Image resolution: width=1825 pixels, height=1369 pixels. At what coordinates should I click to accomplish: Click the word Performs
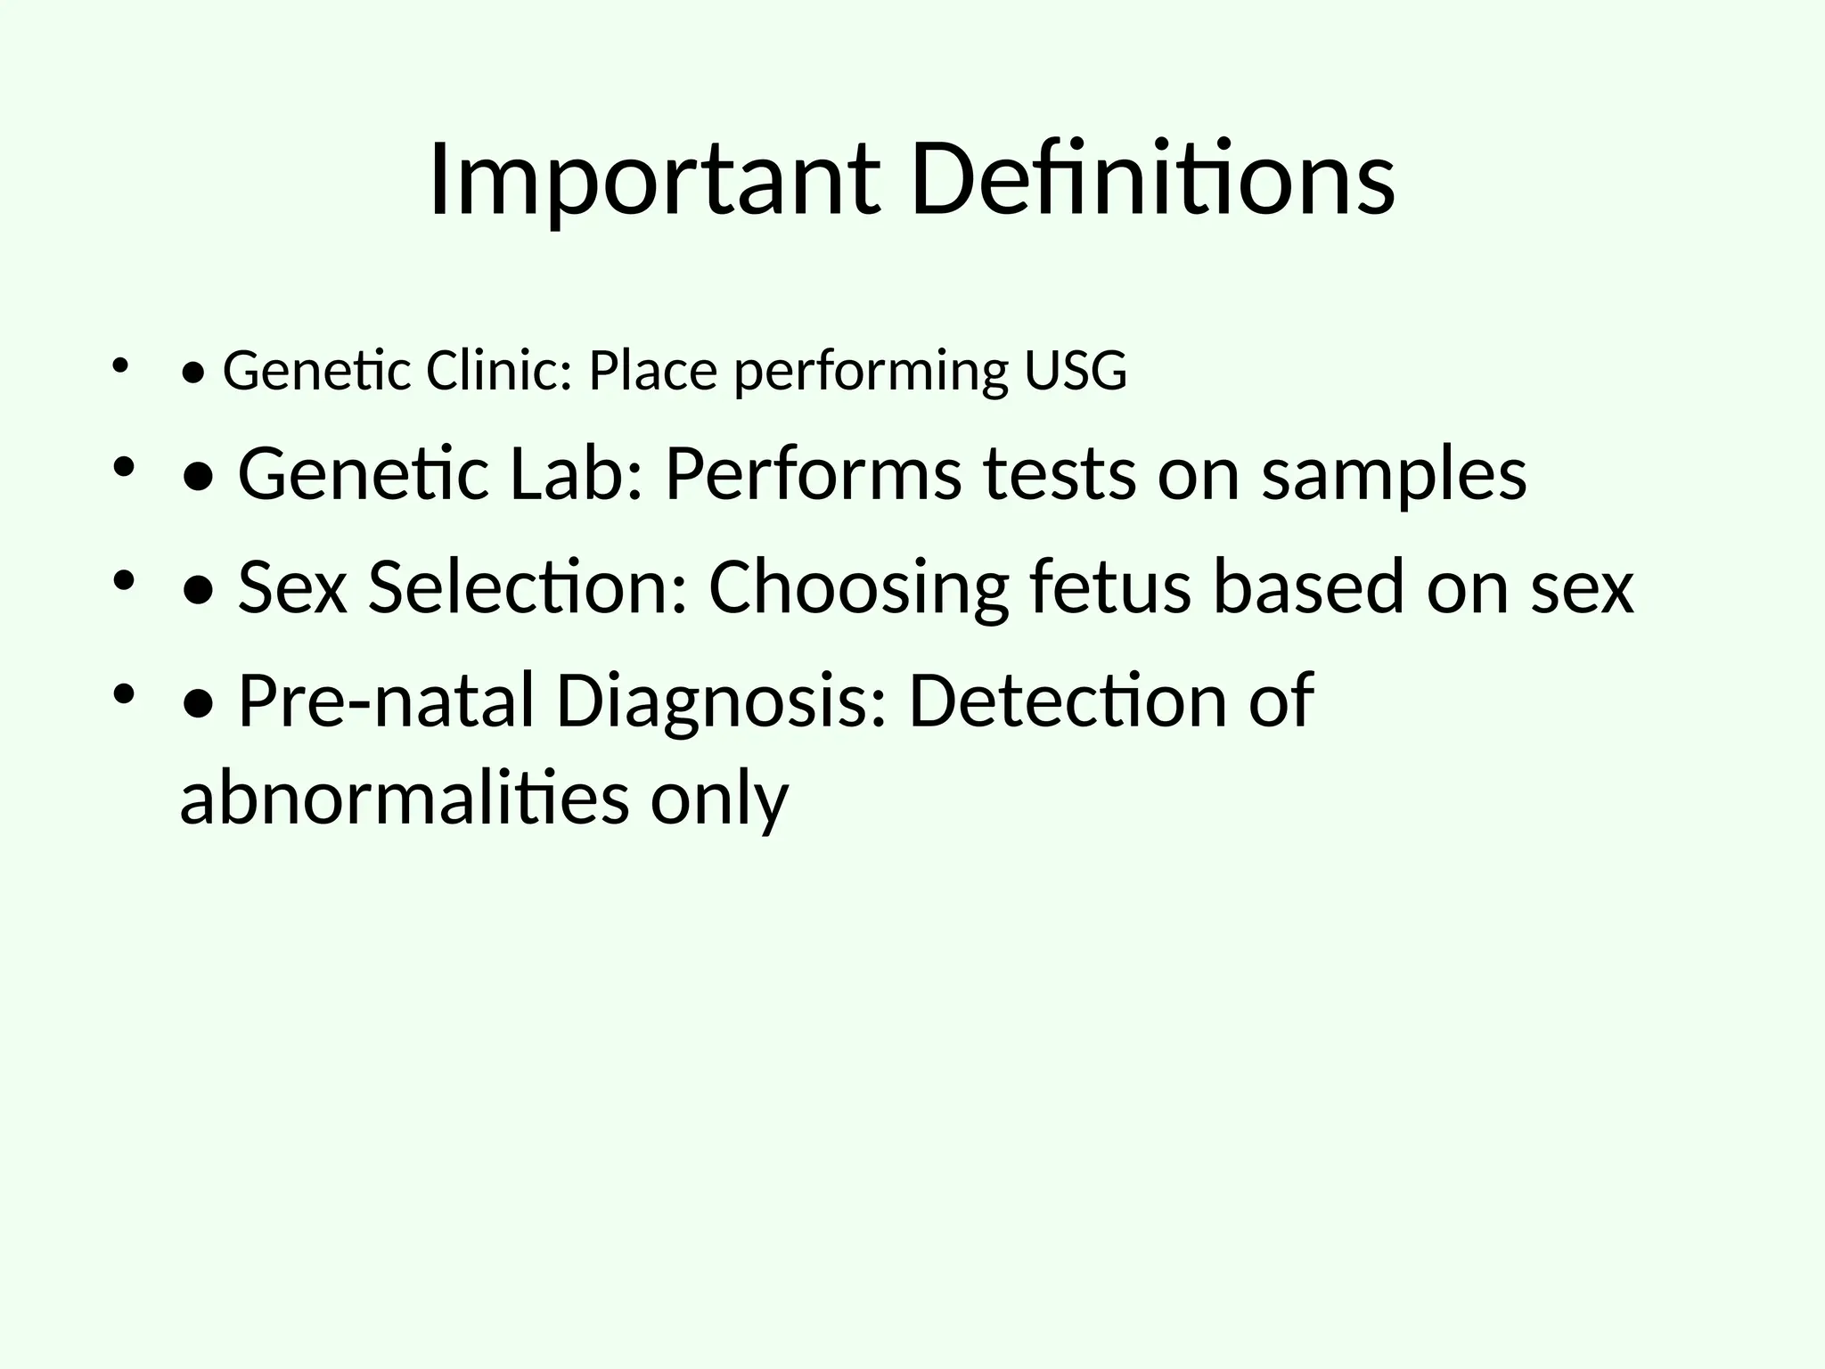pyautogui.click(x=813, y=473)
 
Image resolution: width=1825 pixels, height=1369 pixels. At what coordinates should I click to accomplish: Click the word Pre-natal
pyautogui.click(x=386, y=701)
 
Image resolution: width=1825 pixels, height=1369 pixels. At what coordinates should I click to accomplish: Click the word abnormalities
pyautogui.click(x=404, y=797)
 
